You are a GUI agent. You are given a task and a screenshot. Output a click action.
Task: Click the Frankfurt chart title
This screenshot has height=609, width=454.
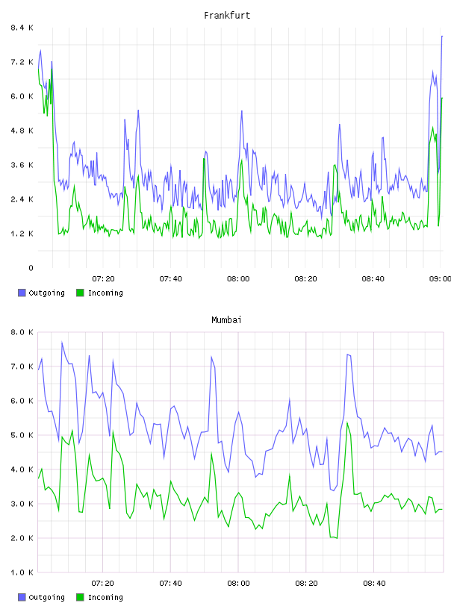click(227, 16)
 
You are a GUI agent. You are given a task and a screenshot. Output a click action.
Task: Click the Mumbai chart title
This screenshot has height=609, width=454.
click(226, 320)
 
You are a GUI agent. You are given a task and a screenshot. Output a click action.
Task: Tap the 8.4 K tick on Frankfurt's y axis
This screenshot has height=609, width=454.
click(22, 28)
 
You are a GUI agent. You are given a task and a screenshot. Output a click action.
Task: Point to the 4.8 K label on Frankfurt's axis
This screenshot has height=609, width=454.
click(22, 131)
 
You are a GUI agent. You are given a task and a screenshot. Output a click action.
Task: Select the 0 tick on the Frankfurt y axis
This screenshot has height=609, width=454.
click(31, 268)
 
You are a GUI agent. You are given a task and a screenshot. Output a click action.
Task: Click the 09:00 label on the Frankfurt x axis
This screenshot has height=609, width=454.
click(441, 279)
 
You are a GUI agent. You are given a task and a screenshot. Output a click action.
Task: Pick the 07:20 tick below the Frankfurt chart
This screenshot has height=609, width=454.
click(103, 279)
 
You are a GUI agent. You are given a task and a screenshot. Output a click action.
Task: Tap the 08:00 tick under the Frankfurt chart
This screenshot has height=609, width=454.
click(238, 279)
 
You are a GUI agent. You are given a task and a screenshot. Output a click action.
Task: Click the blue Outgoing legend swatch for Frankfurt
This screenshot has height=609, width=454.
click(22, 293)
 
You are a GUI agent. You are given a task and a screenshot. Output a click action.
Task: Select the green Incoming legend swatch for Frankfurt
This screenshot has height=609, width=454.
click(80, 293)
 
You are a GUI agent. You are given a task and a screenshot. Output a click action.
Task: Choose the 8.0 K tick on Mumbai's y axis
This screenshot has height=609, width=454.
click(22, 332)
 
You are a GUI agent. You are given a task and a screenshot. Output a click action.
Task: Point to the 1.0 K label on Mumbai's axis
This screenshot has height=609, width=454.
click(22, 572)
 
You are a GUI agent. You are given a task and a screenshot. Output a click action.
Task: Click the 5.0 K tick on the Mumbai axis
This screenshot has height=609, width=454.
click(22, 435)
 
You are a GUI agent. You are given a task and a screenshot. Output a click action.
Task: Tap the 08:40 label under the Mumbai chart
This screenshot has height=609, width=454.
click(374, 584)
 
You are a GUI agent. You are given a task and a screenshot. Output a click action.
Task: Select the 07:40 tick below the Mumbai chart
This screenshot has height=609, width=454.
click(171, 584)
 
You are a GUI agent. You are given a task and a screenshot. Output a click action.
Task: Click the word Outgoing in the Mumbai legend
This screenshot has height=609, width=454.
click(46, 597)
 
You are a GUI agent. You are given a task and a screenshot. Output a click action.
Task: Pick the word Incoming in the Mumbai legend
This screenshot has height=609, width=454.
click(105, 597)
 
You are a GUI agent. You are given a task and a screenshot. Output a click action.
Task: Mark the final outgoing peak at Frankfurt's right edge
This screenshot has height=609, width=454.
click(442, 36)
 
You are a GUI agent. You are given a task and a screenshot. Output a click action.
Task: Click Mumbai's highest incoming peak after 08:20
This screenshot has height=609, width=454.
click(347, 422)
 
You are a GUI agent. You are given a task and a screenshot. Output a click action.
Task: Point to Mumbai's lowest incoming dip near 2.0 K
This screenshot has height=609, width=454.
click(337, 538)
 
